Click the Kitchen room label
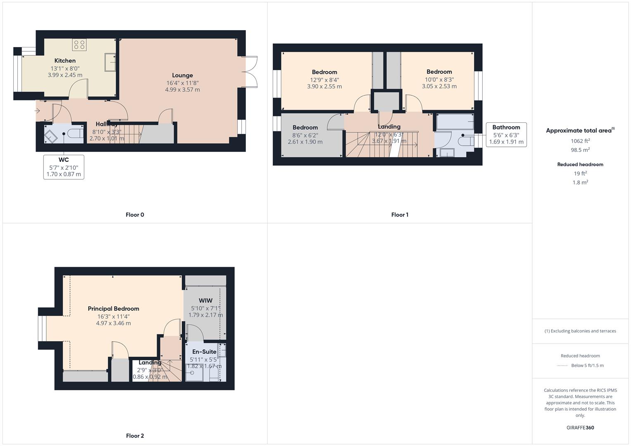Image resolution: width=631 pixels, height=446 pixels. (65, 61)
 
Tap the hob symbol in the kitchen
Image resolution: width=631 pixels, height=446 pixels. (79, 45)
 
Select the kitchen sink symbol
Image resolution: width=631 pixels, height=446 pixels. (110, 62)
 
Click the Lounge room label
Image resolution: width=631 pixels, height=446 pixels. (182, 75)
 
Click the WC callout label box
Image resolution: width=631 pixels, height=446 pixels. (64, 167)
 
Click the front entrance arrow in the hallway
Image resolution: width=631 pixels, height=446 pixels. (38, 111)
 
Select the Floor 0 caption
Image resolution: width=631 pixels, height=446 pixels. (135, 215)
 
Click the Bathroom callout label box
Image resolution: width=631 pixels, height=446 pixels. (506, 135)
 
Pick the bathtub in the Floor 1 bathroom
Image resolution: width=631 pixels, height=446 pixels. (455, 122)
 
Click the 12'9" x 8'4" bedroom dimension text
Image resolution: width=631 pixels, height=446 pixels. (324, 80)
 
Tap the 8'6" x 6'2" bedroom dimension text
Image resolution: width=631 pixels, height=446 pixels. (305, 135)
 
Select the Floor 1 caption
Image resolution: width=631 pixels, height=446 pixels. (400, 215)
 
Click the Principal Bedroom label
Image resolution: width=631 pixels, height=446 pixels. (113, 308)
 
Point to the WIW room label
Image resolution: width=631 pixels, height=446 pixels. (205, 301)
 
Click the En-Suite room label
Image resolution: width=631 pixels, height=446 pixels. (204, 352)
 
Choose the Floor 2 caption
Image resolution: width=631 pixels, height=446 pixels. (135, 436)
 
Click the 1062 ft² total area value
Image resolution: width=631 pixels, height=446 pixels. (580, 141)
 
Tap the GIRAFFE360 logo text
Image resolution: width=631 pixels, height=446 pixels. (580, 427)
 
